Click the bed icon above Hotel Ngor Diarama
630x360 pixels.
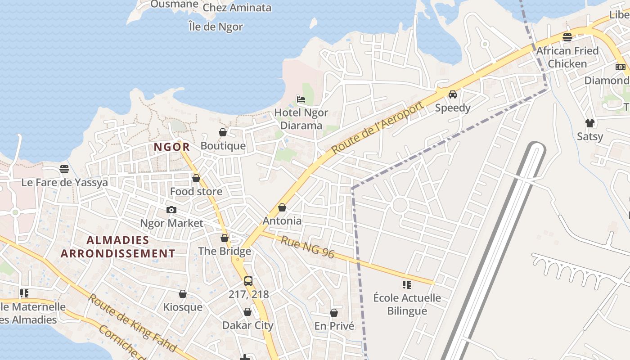tap(301, 99)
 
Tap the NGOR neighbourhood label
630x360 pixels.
tap(172, 147)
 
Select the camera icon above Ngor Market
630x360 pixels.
tap(171, 210)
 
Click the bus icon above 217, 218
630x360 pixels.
tap(248, 281)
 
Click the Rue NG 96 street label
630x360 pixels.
tap(308, 247)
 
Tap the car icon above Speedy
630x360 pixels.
tap(453, 94)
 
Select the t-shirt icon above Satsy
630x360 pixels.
tap(589, 123)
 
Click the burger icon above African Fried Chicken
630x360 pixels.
tap(567, 37)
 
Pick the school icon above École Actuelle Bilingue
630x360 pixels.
tap(407, 284)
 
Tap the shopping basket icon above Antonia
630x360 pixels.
tap(282, 207)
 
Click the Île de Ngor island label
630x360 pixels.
tap(216, 27)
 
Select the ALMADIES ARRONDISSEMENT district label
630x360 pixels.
tap(118, 247)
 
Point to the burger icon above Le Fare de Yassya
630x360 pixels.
tap(64, 169)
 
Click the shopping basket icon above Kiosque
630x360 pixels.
tap(183, 294)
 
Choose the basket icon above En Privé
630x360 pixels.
tap(334, 313)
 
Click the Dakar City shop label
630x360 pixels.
tap(247, 325)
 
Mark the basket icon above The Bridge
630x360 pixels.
tap(225, 238)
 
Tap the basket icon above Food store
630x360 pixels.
tap(196, 178)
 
